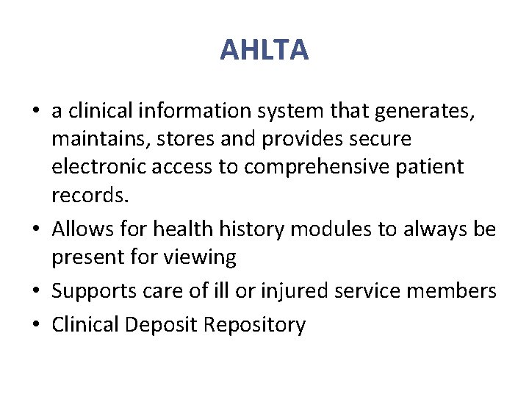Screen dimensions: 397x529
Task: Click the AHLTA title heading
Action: click(x=264, y=50)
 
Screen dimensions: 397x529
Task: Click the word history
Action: click(x=248, y=230)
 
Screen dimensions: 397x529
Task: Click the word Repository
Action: click(x=254, y=325)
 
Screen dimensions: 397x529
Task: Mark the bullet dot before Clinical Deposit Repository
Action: click(x=36, y=325)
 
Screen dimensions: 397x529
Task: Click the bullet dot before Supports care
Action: click(x=36, y=291)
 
